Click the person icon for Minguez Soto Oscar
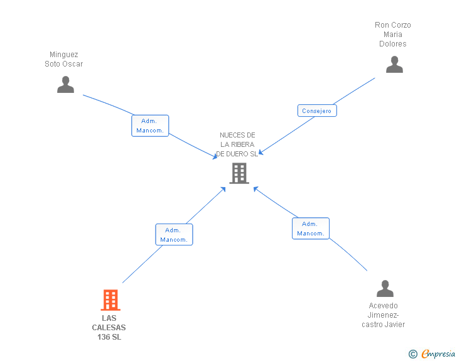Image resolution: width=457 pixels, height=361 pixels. pos(65,85)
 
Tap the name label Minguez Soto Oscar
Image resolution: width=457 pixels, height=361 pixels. pos(64,59)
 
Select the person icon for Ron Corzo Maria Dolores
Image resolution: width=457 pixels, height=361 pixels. pos(394,65)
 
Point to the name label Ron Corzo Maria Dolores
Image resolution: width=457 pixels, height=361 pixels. pos(393,35)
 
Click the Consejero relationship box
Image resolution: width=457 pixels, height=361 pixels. pos(317,110)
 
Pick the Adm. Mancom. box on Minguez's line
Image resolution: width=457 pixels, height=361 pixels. pos(150,126)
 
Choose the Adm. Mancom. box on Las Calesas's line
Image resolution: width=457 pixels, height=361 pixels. pos(174,235)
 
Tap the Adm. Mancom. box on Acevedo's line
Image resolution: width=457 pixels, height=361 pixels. pos(311,229)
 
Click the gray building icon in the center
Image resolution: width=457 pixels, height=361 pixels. pos(239,173)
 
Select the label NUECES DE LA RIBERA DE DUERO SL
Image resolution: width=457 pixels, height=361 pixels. pos(237,144)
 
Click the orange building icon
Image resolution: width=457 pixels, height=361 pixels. pos(110,300)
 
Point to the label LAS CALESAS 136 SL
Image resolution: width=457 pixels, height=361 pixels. pos(109,328)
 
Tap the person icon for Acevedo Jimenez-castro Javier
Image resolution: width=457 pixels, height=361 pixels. pos(385,289)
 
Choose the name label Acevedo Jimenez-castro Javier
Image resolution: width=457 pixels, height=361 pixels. pos(384,315)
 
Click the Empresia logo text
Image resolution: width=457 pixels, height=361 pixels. pos(438,353)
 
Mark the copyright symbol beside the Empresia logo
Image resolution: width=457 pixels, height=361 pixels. pos(412,354)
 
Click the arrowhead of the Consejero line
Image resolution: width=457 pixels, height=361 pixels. pos(262,151)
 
